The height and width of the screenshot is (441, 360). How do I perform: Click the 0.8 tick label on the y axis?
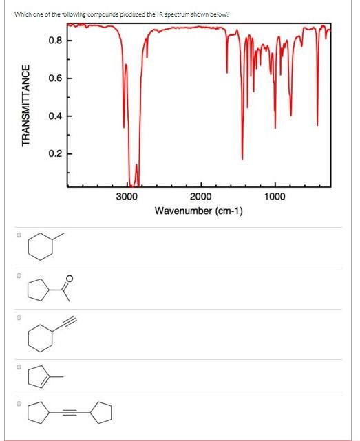click(x=57, y=41)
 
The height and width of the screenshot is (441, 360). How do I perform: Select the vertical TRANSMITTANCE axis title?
click(x=26, y=105)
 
